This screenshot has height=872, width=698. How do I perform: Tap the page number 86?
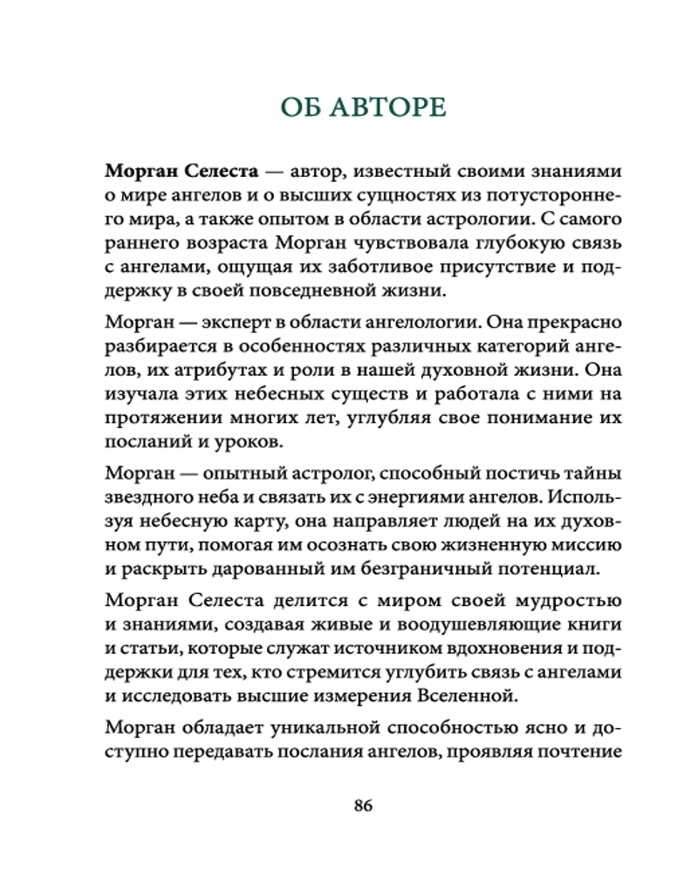(363, 805)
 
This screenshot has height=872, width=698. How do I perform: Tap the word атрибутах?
(217, 370)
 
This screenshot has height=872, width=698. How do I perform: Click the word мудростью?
(566, 600)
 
